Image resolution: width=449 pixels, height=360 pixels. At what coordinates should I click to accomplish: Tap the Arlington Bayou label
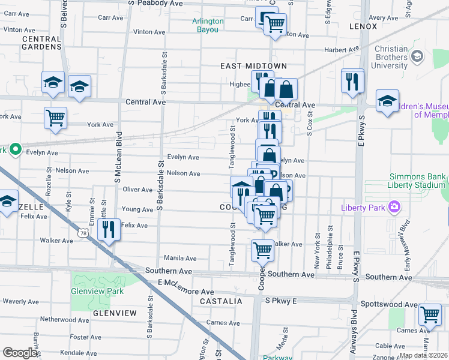pyautogui.click(x=208, y=25)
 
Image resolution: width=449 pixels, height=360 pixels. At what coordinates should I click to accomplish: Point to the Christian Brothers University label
pyautogui.click(x=391, y=57)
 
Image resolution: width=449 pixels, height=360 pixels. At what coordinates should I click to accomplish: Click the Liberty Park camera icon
pyautogui.click(x=394, y=208)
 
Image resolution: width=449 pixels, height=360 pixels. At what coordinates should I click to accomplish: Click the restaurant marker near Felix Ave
pyautogui.click(x=109, y=229)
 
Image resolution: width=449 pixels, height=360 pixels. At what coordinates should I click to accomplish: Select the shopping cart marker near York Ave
pyautogui.click(x=55, y=117)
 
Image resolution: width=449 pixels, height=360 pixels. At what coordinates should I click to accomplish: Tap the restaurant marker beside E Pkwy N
pyautogui.click(x=352, y=80)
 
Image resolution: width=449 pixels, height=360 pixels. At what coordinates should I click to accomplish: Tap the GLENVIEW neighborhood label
pyautogui.click(x=115, y=313)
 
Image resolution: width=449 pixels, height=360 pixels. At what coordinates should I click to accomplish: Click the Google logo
pyautogui.click(x=20, y=353)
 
